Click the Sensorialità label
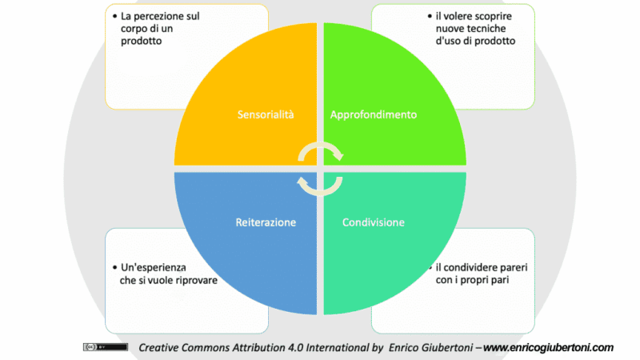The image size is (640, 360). point(266,114)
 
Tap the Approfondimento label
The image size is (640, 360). point(374,114)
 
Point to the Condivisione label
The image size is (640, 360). point(374,222)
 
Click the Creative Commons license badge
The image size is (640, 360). point(105,347)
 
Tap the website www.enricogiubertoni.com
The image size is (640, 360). point(548,347)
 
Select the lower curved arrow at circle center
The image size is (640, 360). point(320,185)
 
